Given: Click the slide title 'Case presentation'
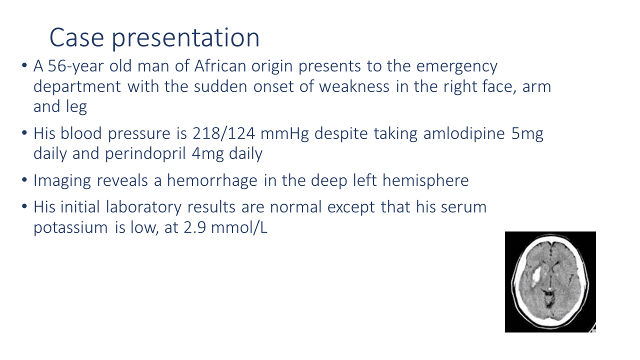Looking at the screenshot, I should point(154,38).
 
